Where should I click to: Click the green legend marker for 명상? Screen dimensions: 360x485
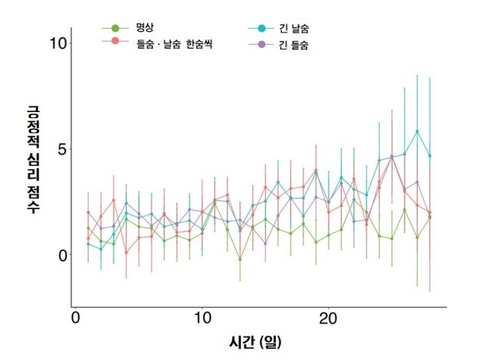115,29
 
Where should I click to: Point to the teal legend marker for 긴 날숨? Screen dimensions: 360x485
261,29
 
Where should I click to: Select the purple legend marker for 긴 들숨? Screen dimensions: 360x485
261,45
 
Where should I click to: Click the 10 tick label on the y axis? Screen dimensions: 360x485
56,42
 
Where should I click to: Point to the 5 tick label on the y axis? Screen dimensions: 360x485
62,149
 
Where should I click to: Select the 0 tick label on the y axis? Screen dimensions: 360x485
62,255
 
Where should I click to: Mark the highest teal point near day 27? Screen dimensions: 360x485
417,131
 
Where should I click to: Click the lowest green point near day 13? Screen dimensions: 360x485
240,259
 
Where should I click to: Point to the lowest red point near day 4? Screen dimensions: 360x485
126,252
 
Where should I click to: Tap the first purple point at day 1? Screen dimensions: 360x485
88,212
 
